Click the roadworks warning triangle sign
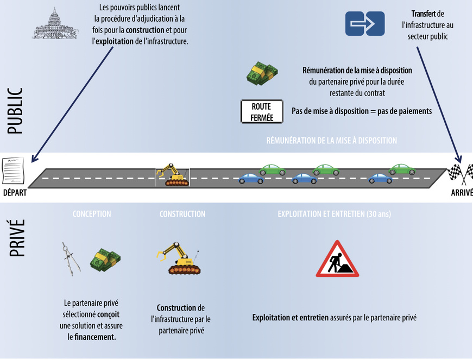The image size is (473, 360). pyautogui.click(x=337, y=259)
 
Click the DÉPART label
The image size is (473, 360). pyautogui.click(x=14, y=193)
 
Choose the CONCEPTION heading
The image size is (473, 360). pyautogui.click(x=92, y=214)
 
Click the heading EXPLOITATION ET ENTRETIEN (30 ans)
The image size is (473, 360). pyautogui.click(x=334, y=214)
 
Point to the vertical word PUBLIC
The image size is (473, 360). pyautogui.click(x=15, y=111)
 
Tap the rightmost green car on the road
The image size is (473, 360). pyautogui.click(x=402, y=169)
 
